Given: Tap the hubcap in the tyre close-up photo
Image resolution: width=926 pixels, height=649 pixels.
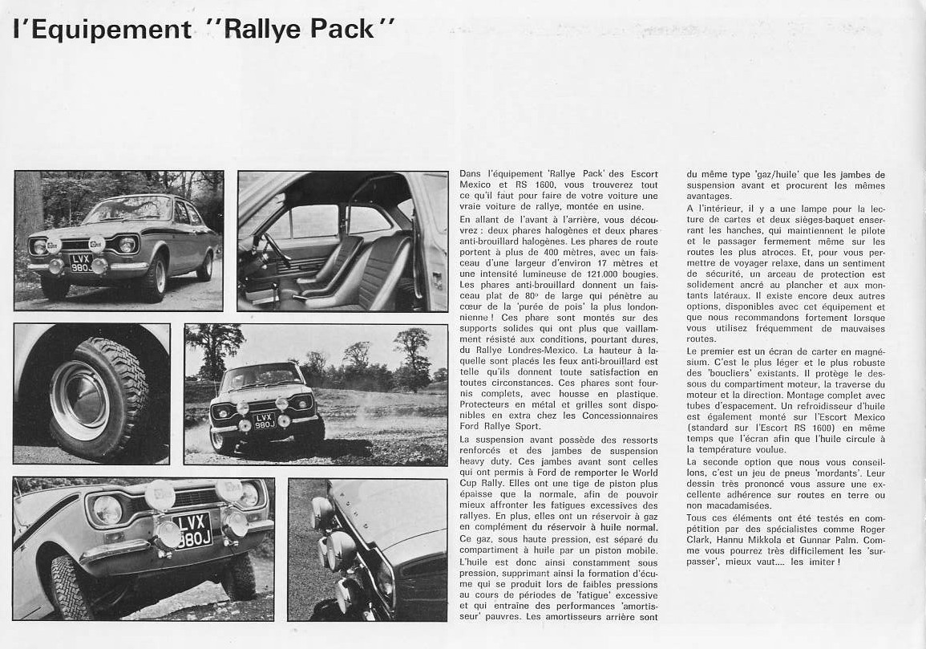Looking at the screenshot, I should [79, 400].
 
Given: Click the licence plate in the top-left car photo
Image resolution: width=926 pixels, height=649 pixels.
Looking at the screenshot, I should [80, 262].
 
